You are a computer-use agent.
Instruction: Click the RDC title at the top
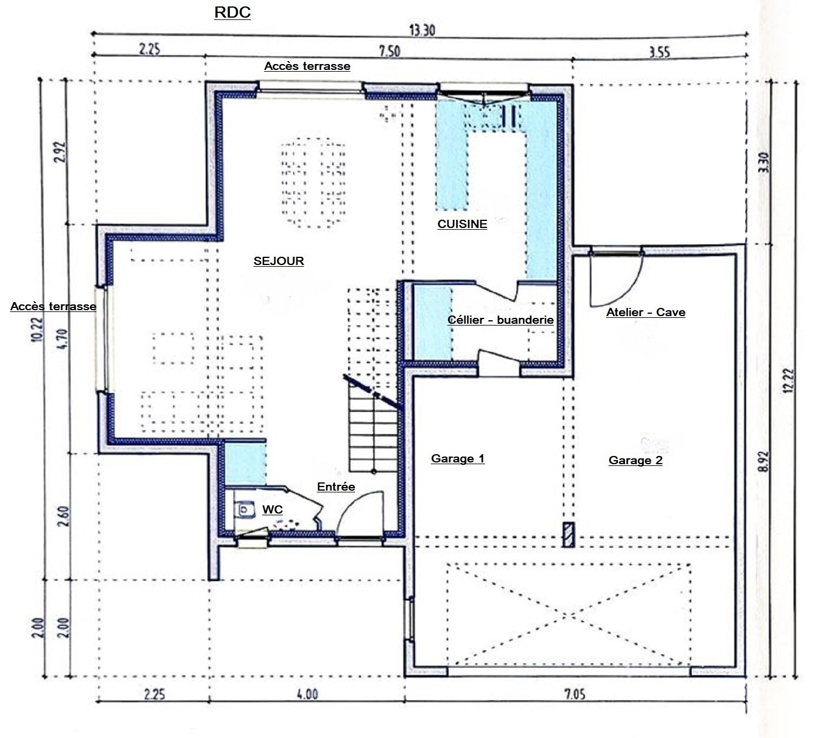point(232,12)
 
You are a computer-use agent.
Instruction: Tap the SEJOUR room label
point(279,261)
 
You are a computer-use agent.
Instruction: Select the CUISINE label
point(462,224)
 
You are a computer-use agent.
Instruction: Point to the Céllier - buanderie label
point(500,320)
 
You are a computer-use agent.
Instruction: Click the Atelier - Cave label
point(646,313)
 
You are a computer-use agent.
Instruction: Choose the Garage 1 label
point(458,458)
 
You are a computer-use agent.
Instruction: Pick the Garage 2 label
point(635,460)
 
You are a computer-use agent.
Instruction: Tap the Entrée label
point(336,487)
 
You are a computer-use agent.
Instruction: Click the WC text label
point(272,509)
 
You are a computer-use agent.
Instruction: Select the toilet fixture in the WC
point(244,509)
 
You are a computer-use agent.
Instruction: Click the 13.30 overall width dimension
point(422,31)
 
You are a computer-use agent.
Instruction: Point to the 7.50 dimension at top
point(390,52)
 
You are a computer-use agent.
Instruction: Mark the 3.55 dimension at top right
point(660,52)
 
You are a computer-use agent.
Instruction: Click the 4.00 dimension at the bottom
point(307,694)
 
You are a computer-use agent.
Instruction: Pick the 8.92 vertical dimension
point(763,461)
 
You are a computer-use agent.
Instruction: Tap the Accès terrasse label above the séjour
point(307,66)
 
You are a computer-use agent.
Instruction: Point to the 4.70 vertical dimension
point(62,339)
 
